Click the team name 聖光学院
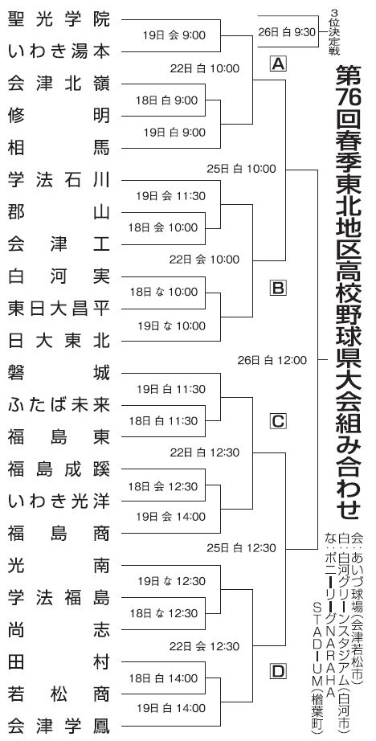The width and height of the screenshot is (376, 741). click(x=59, y=19)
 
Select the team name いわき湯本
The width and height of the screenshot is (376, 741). click(x=59, y=51)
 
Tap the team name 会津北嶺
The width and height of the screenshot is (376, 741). click(x=59, y=84)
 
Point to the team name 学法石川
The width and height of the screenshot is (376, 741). click(x=59, y=180)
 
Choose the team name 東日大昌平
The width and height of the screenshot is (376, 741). click(x=59, y=309)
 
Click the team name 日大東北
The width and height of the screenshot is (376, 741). click(x=59, y=341)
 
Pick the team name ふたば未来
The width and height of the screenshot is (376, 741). click(x=59, y=405)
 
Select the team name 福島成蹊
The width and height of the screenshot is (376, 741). click(x=59, y=469)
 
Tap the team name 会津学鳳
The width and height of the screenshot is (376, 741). click(x=59, y=726)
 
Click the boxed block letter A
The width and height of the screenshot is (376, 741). click(x=278, y=63)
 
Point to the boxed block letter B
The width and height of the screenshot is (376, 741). click(x=278, y=288)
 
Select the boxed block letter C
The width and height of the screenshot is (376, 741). click(x=278, y=420)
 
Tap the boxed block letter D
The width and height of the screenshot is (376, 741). click(x=278, y=671)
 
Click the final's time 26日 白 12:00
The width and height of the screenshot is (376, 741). click(x=272, y=361)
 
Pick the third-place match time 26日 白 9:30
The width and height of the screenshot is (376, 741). click(x=286, y=32)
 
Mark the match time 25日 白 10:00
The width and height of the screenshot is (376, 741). click(x=241, y=168)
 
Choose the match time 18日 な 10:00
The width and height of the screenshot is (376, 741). click(x=164, y=292)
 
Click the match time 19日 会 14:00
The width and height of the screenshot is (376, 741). click(x=171, y=517)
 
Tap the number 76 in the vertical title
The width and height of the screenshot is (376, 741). click(x=349, y=98)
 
